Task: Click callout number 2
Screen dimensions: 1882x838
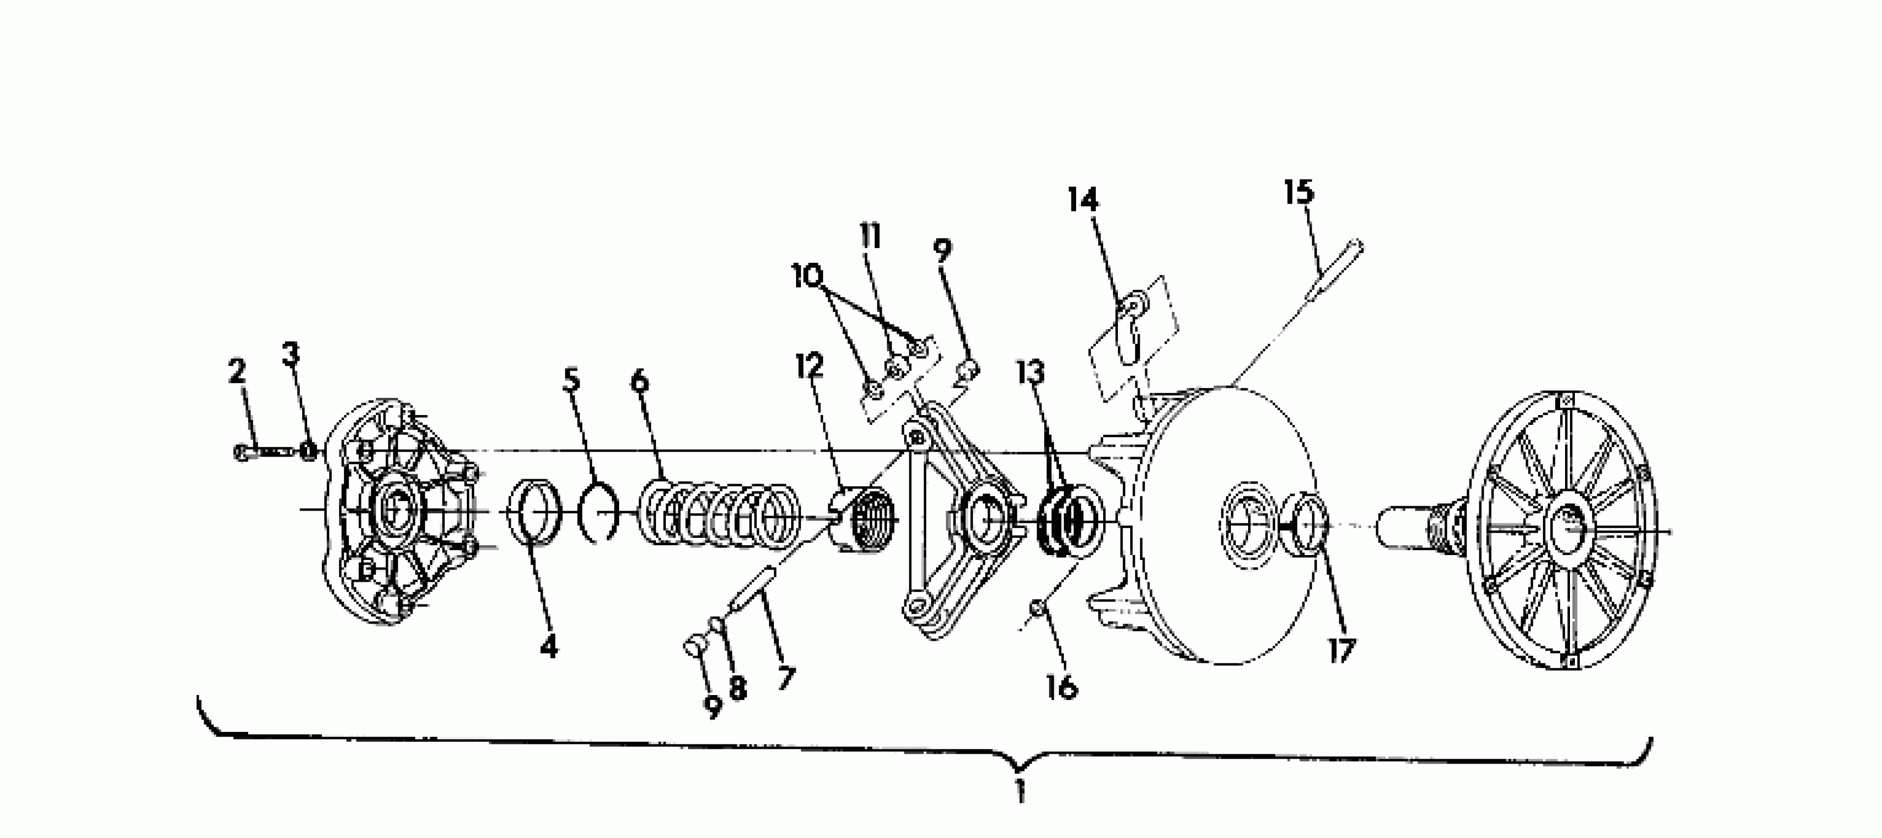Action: (x=237, y=372)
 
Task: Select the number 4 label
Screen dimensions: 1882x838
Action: (x=549, y=646)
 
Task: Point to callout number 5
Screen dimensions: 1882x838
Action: (x=571, y=380)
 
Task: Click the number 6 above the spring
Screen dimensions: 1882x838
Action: (x=639, y=381)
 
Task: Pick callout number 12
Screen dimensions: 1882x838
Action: (x=809, y=365)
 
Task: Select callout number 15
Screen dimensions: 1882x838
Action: (x=1299, y=192)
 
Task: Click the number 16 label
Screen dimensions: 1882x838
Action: (x=1062, y=687)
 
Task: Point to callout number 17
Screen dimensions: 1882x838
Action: (x=1341, y=650)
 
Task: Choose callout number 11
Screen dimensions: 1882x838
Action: (x=870, y=237)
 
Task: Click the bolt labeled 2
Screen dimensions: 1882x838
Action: (x=259, y=452)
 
